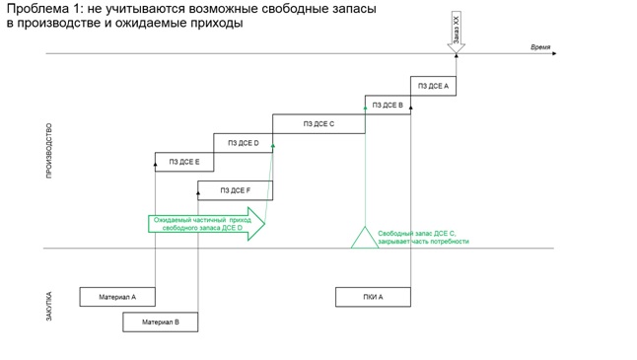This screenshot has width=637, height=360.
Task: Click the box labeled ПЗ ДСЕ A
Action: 433,86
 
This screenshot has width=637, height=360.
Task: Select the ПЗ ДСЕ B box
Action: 388,105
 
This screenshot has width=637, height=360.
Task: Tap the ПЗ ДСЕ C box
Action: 318,124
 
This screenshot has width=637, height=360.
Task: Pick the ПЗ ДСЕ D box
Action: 243,143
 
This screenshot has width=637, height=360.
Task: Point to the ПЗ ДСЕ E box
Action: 184,162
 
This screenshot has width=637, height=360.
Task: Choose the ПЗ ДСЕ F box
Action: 236,190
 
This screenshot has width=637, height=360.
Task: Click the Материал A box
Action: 117,297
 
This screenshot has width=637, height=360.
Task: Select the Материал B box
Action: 161,323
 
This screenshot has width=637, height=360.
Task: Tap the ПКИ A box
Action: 373,297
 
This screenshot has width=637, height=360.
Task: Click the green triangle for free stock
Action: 365,240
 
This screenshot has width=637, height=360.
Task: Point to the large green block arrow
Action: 206,224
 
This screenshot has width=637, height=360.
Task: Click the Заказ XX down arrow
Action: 457,33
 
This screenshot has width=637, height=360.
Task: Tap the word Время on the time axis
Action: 540,47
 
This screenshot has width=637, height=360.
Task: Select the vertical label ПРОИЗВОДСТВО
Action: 48,151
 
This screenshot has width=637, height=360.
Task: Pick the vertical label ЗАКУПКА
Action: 48,307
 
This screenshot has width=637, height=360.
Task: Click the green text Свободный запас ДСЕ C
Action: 417,233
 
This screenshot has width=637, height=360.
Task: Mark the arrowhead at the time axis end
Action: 554,53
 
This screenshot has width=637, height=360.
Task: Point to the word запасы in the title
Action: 352,9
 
